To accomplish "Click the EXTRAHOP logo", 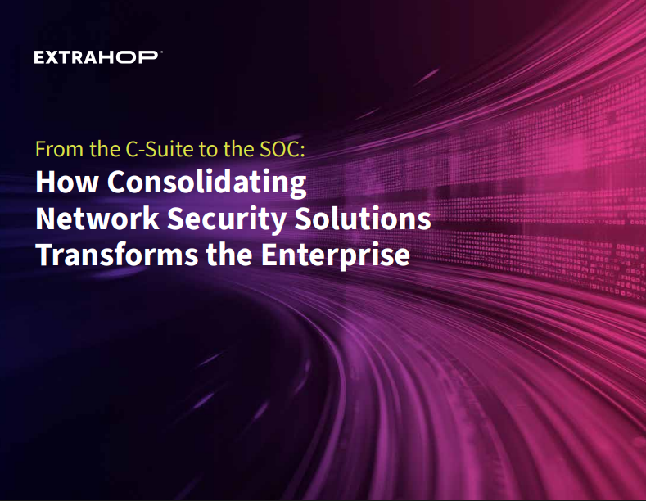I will point(98,56).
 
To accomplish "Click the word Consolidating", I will point(207,183).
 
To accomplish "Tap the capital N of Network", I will point(45,219).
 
